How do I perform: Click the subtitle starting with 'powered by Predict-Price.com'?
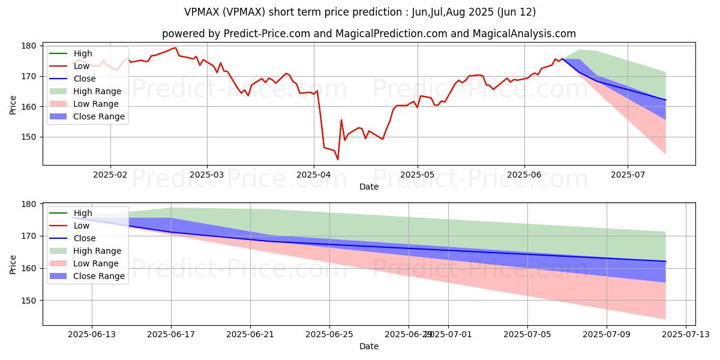click(368, 34)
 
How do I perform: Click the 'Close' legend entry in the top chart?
click(84, 79)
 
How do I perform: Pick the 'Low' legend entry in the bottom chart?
click(82, 226)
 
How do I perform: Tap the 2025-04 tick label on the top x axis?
click(313, 175)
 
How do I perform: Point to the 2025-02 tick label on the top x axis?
click(110, 175)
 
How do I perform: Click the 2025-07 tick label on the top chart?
click(628, 175)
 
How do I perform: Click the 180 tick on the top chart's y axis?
click(31, 46)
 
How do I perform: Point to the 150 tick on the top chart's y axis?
click(31, 137)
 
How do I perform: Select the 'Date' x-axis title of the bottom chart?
click(368, 346)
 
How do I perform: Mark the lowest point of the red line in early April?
click(338, 160)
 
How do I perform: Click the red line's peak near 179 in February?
click(175, 47)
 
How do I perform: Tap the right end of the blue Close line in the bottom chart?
click(665, 261)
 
